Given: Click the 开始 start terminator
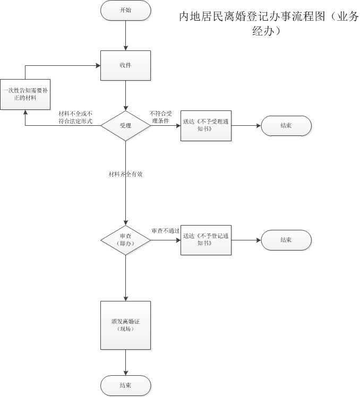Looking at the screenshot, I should coord(125,10).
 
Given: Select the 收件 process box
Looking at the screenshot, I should coord(125,65).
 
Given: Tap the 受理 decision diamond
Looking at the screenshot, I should coord(125,126).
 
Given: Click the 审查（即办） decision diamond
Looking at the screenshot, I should coord(125,240).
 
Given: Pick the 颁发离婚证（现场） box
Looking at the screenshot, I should coord(125,325).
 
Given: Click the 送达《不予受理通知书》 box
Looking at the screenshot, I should coord(206,126).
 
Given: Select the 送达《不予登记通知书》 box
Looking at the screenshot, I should coord(206,240).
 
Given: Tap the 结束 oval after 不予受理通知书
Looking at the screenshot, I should coord(286,126).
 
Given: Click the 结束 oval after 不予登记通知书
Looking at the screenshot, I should coord(286,240).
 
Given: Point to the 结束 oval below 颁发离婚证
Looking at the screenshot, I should coord(125,385).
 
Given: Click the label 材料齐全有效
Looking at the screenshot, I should coord(125,174).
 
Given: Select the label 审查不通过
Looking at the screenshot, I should coord(165,231).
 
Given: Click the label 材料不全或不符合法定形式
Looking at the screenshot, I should coord(75,117).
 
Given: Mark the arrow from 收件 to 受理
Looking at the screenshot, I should coord(125,95).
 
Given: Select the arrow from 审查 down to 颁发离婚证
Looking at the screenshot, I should coord(125,278).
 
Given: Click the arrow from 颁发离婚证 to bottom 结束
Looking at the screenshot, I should coord(125,363).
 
